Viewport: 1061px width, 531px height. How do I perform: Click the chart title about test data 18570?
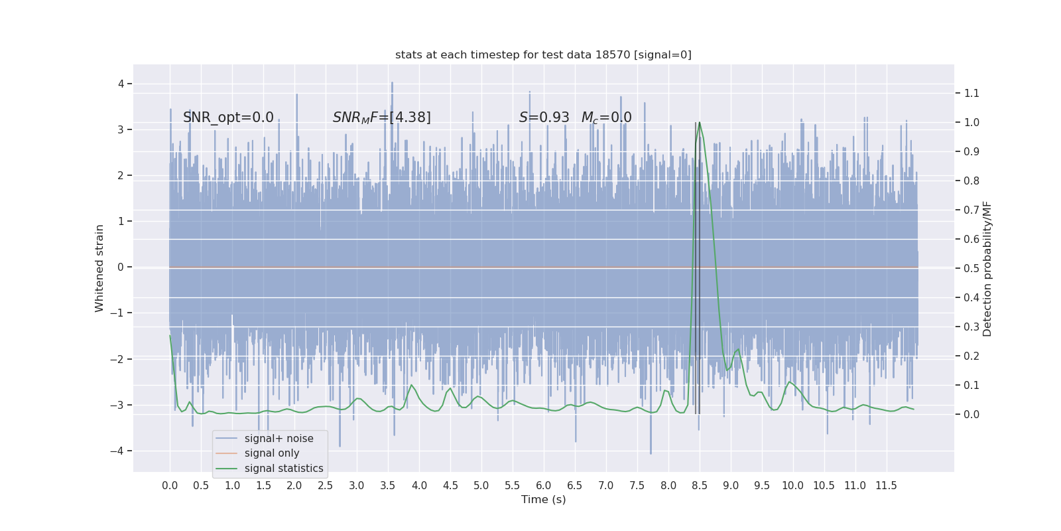543,55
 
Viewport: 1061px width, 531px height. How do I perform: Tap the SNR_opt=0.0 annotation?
228,117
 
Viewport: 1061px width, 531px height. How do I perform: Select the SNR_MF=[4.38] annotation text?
381,117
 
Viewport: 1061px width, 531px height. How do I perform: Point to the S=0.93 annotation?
544,117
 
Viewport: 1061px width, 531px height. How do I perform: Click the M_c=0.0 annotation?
606,117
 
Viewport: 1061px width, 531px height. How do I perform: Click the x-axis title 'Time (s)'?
543,499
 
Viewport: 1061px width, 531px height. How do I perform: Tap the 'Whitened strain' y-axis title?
99,268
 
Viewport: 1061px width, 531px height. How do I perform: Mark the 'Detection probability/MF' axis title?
987,268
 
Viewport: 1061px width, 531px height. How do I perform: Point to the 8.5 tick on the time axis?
700,486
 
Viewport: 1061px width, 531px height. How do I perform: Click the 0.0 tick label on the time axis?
170,486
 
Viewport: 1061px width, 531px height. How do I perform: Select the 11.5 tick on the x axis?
886,486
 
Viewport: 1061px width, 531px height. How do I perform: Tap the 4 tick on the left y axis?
121,84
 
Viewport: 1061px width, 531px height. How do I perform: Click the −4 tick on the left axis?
119,451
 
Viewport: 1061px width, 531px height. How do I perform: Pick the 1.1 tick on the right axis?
971,93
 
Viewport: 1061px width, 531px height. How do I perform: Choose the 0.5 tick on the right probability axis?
971,268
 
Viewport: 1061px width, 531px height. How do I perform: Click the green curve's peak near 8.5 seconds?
700,123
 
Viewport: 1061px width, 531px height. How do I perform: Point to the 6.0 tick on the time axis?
544,486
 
